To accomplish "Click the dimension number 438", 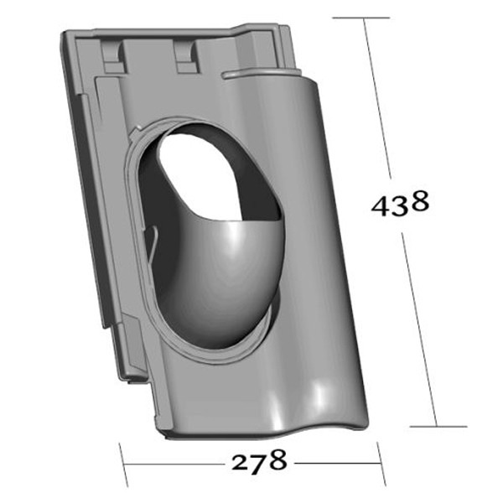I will tap(401, 204).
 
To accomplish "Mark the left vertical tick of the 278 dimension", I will tap(123, 462).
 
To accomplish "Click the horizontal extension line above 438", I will tap(360, 18).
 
